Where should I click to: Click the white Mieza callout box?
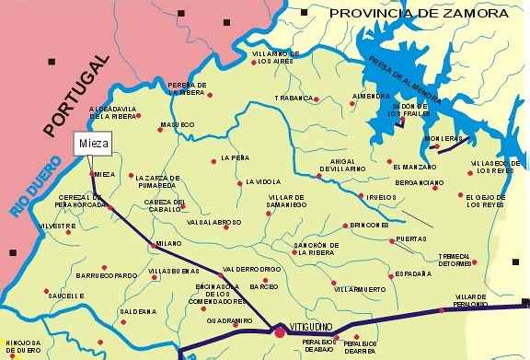(x=90, y=146)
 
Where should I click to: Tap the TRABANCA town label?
(x=294, y=98)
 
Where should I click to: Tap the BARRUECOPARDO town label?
(x=106, y=274)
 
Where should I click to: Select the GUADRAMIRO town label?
(x=225, y=319)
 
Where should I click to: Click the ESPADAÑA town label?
(x=411, y=273)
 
